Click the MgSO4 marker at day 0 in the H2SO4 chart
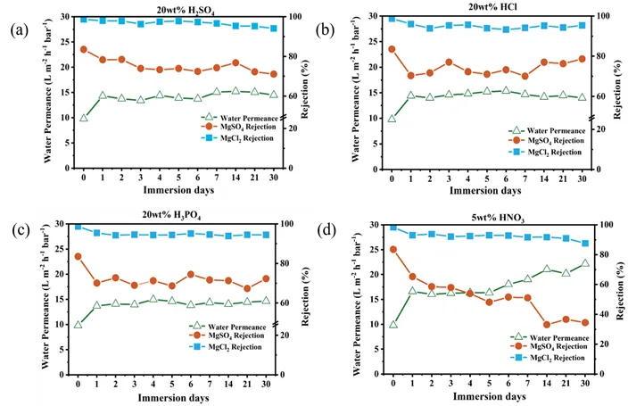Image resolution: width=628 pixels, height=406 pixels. pos(84,49)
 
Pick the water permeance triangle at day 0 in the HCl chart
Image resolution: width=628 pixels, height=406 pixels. pos(392,118)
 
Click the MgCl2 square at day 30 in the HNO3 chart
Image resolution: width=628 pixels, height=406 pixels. pos(584,243)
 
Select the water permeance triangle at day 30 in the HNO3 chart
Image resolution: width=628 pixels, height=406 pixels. pos(584,263)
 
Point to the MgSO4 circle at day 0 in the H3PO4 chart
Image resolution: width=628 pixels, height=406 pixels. pos(78,256)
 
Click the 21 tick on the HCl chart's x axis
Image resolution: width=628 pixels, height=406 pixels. pos(563,178)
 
